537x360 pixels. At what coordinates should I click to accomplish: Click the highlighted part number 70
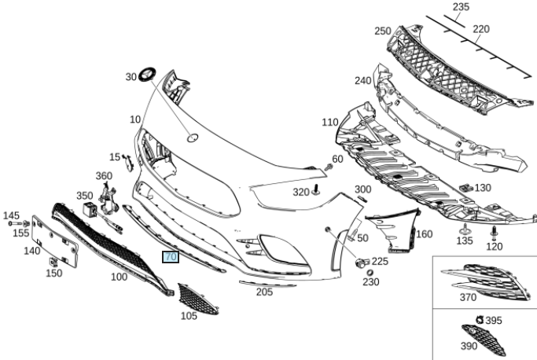(x=171, y=256)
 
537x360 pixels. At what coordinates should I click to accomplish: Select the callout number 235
(x=461, y=7)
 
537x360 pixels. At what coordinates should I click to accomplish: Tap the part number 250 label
(x=383, y=31)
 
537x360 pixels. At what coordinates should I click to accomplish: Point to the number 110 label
(x=329, y=123)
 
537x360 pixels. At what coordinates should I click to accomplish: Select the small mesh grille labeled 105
(x=190, y=299)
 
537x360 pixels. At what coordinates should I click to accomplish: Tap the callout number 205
(x=264, y=292)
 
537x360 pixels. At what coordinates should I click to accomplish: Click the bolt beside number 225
(x=362, y=262)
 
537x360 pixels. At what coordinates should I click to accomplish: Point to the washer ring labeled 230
(x=370, y=272)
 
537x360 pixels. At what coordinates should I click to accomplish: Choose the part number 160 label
(x=424, y=234)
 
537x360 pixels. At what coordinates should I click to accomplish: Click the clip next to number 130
(x=464, y=188)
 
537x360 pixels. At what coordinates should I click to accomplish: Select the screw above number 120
(x=494, y=231)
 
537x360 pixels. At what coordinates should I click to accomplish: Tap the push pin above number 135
(x=464, y=228)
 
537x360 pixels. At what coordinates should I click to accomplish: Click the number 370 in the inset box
(x=468, y=297)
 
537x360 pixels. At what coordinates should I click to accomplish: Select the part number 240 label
(x=362, y=80)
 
